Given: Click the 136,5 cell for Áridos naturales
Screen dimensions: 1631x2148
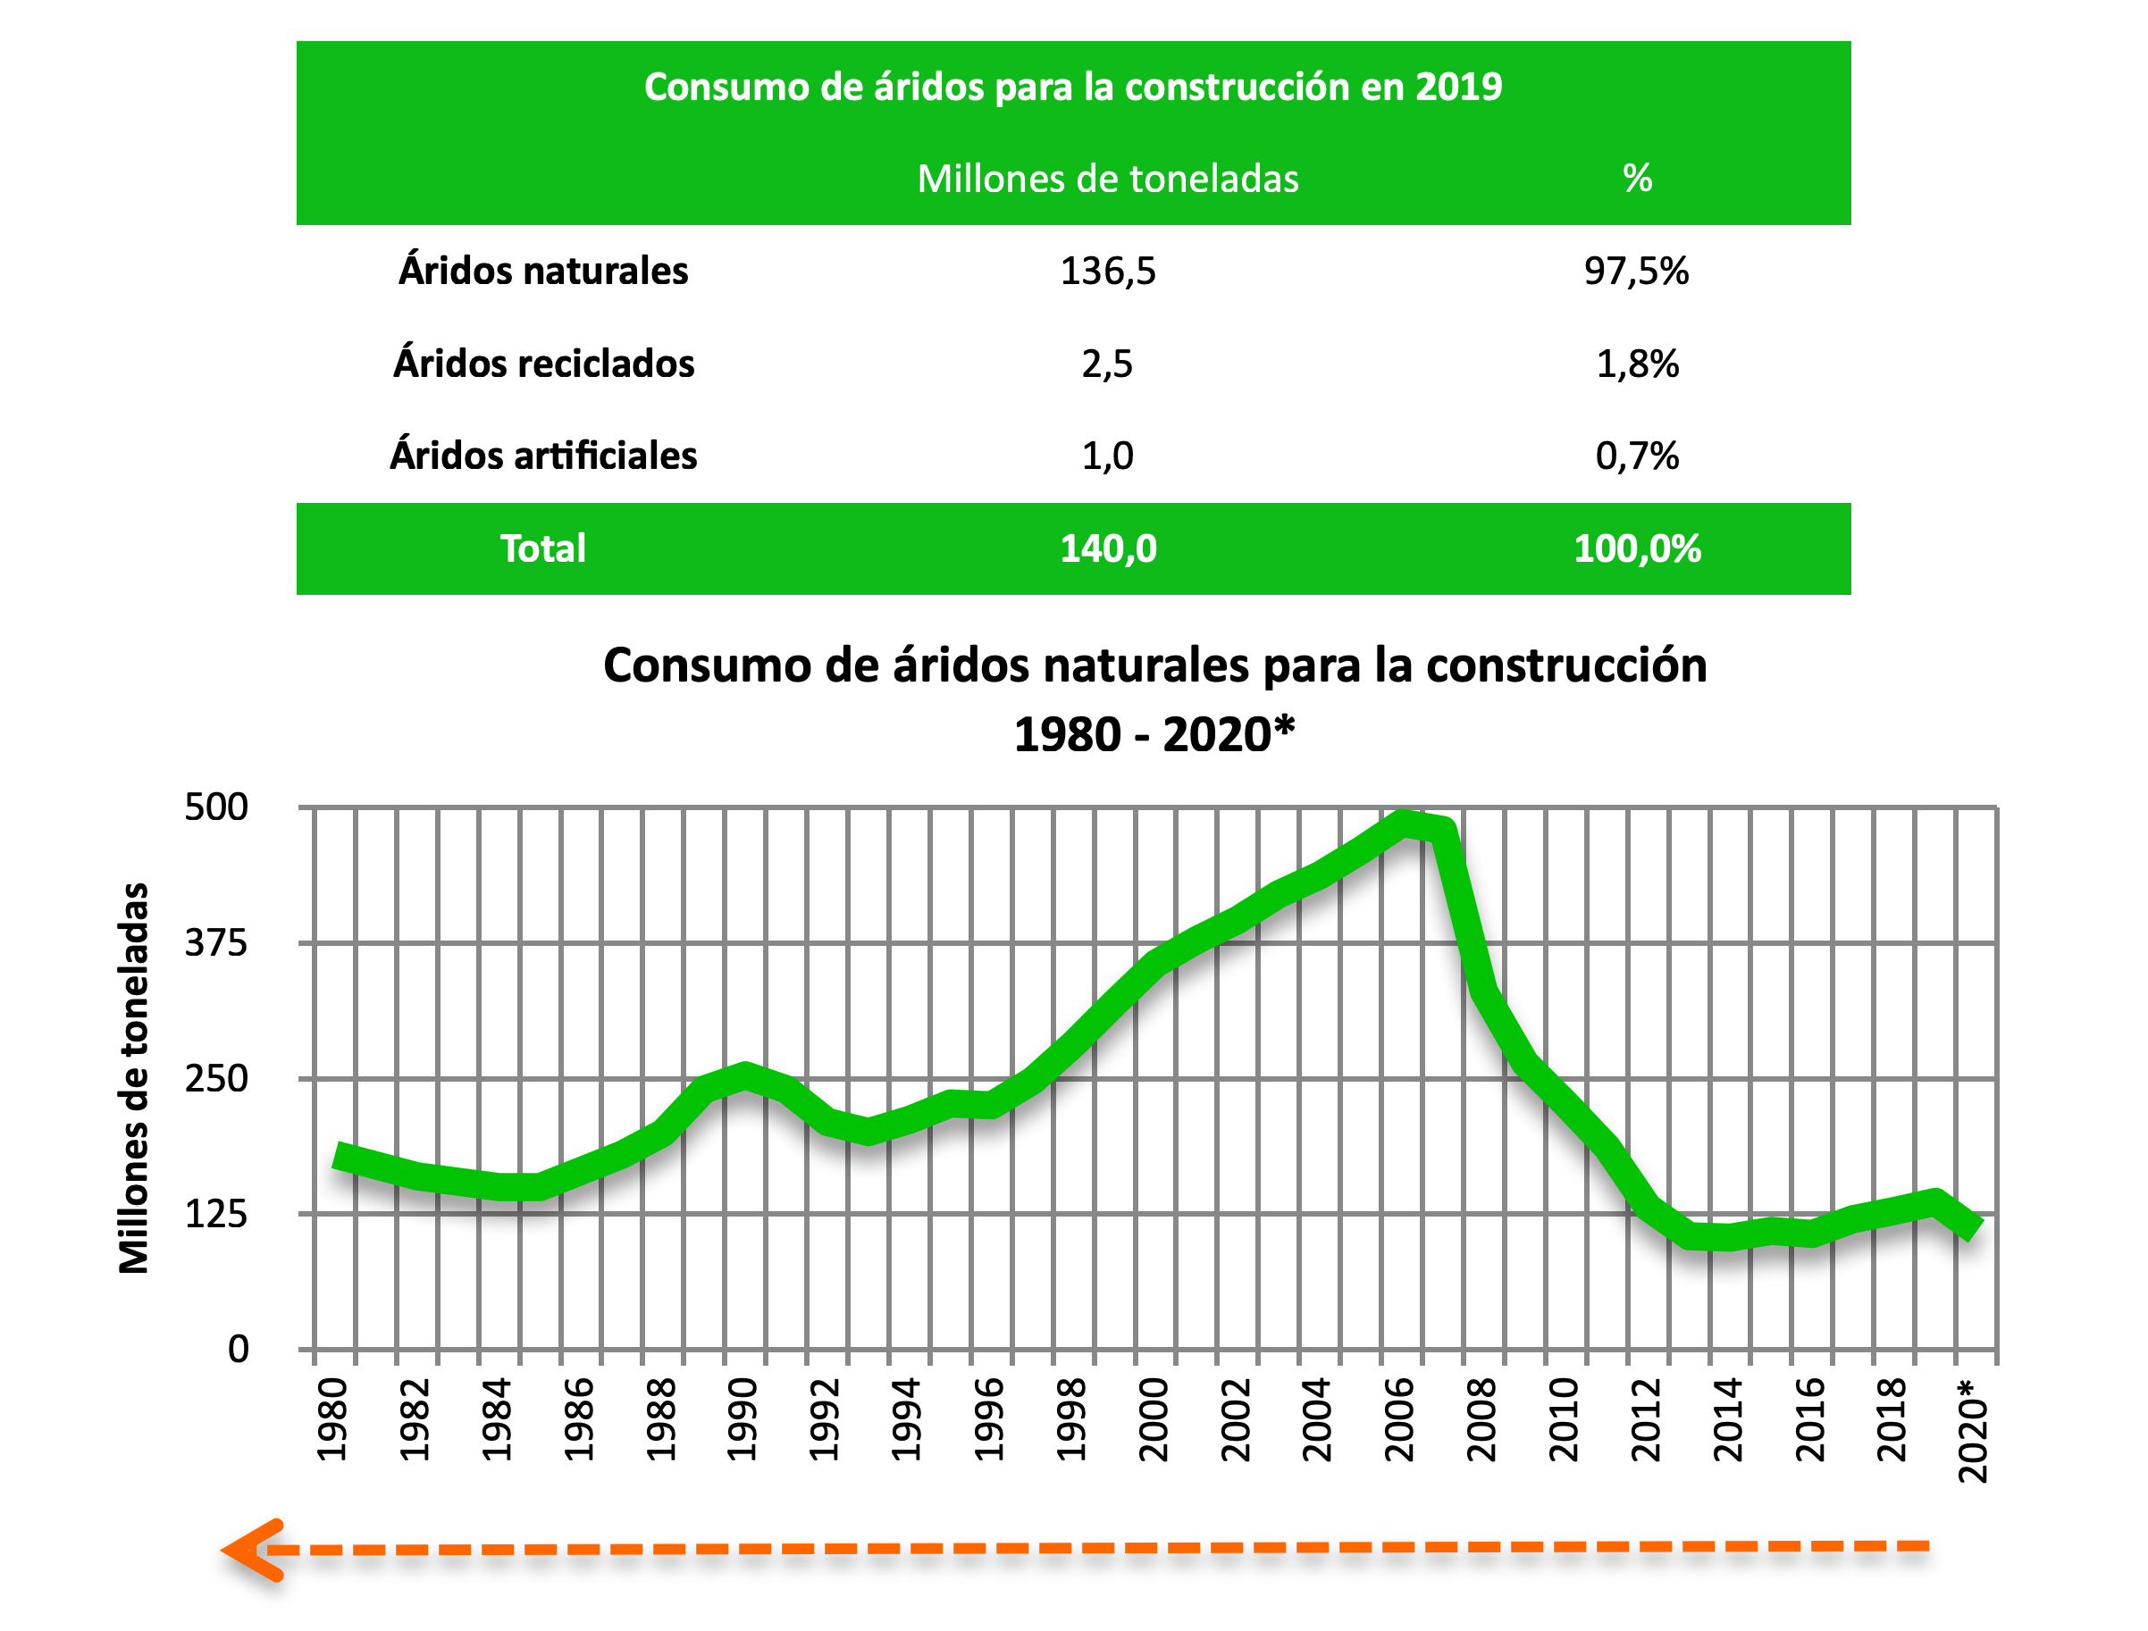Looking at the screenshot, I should tap(1108, 271).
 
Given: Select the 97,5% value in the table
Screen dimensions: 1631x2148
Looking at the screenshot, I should tap(1636, 271).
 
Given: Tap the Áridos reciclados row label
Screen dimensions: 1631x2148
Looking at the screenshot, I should tap(544, 364).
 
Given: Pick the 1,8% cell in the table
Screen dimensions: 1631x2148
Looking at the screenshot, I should tap(1637, 364).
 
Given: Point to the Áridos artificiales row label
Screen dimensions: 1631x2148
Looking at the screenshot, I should tap(544, 456).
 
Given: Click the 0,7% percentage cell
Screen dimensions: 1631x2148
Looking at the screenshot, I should tap(1637, 456).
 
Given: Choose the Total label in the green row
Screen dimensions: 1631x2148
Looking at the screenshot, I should tap(543, 548).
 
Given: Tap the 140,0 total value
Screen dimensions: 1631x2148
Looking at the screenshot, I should tap(1108, 548).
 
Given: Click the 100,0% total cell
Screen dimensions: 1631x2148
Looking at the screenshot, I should tap(1637, 548).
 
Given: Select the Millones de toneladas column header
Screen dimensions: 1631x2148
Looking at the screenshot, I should tap(1108, 179).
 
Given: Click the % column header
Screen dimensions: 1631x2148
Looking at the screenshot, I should tap(1637, 179).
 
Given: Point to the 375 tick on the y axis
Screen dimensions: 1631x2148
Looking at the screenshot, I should tap(216, 942).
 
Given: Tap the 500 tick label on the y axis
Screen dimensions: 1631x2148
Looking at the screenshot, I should tap(216, 807).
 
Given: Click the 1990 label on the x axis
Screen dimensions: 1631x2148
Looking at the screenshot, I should tap(743, 1419).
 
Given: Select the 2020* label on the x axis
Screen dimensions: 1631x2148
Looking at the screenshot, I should tap(1973, 1429).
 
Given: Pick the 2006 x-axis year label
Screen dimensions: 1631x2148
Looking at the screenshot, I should tap(1399, 1419).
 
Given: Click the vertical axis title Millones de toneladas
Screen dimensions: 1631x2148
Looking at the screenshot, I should tap(134, 1077).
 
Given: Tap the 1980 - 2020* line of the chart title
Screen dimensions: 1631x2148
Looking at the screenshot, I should tap(1154, 734).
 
